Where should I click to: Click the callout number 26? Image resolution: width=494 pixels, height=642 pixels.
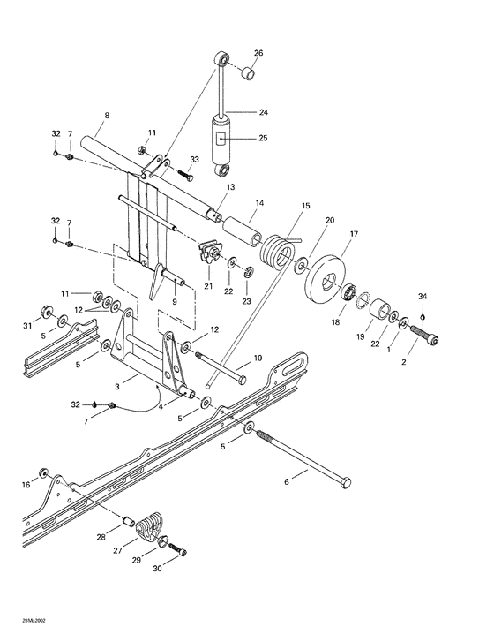coord(258,52)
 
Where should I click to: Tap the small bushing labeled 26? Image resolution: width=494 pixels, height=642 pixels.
coord(250,72)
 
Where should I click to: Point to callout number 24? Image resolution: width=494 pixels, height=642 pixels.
coord(263,112)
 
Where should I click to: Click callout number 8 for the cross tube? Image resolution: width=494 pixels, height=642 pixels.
coord(107,116)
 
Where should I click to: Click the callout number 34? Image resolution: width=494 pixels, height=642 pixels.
coord(423,297)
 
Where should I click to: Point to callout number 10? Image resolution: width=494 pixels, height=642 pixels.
coord(258,358)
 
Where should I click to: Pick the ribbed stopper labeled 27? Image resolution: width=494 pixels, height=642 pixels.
coord(153,526)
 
